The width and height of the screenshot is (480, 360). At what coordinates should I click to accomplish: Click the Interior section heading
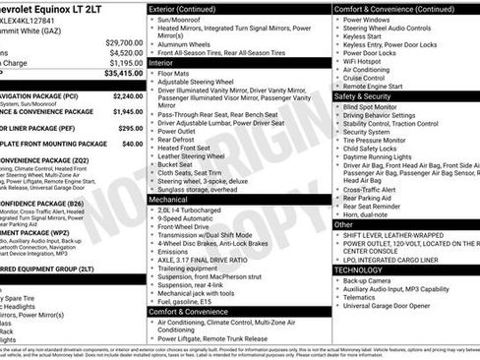(162, 61)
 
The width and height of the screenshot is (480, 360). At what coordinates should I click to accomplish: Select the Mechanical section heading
(170, 198)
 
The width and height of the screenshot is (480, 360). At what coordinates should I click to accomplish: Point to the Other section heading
(344, 224)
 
